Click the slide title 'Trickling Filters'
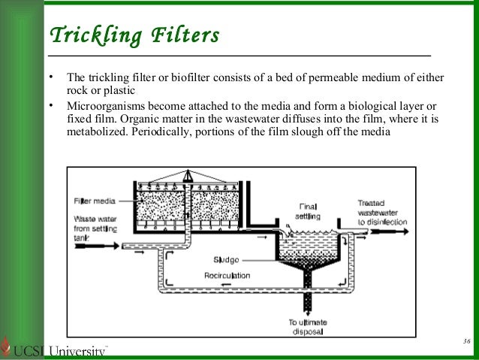point(134,35)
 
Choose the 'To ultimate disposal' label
point(308,325)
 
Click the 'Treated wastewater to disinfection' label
point(381,213)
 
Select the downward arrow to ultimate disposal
point(307,304)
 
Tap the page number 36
point(465,342)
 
